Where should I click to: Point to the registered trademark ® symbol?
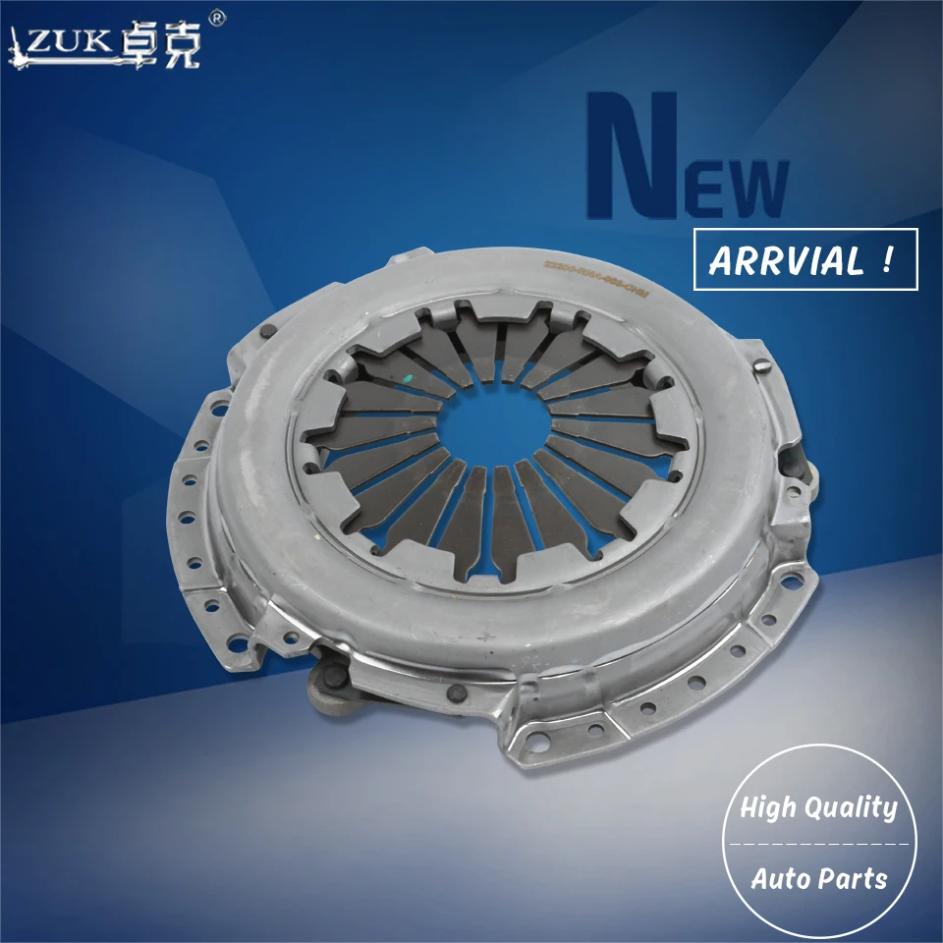click(218, 18)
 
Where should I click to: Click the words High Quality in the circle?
click(818, 808)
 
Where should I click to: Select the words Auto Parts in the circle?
click(818, 877)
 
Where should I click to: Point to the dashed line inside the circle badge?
click(818, 843)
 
